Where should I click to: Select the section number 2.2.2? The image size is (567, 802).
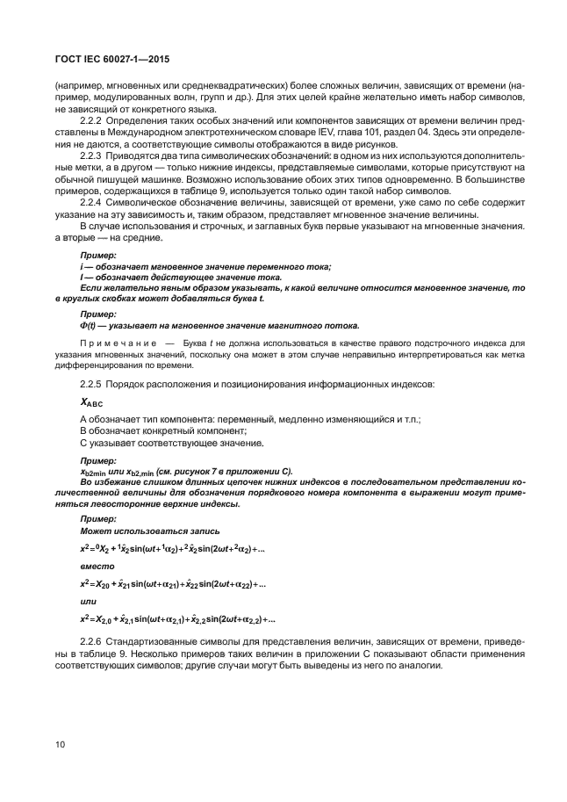[x=92, y=120]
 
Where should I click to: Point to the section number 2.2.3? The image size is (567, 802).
[x=92, y=155]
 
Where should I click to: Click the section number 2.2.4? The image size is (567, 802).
[x=92, y=202]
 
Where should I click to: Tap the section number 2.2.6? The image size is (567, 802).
[x=92, y=640]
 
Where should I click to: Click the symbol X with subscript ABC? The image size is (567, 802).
[x=91, y=402]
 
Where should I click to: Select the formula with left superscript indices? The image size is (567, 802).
[x=172, y=549]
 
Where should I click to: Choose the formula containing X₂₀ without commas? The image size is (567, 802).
[x=172, y=583]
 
